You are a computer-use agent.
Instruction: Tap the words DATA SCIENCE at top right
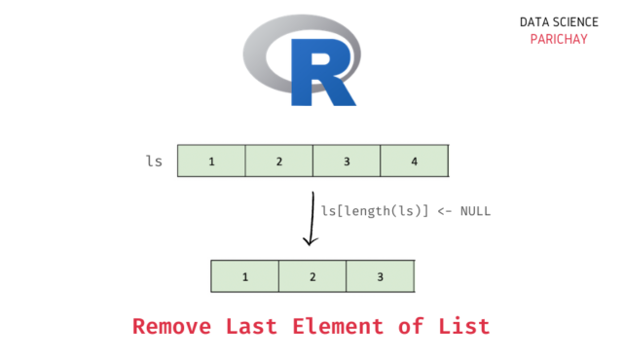(553, 20)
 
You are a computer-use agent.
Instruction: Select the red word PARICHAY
(553, 39)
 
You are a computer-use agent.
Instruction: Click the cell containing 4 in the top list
(415, 161)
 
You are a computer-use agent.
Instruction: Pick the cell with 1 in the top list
(211, 161)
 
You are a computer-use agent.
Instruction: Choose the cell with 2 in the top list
(278, 161)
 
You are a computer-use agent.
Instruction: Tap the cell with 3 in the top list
(347, 161)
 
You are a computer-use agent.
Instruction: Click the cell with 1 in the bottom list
(244, 276)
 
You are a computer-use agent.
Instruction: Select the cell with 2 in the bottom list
(312, 276)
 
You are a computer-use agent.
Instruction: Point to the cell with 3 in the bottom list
(380, 276)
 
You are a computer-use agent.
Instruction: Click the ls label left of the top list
(154, 161)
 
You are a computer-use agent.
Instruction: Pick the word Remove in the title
(173, 326)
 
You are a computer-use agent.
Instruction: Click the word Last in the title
(255, 326)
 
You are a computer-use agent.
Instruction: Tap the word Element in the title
(337, 326)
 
